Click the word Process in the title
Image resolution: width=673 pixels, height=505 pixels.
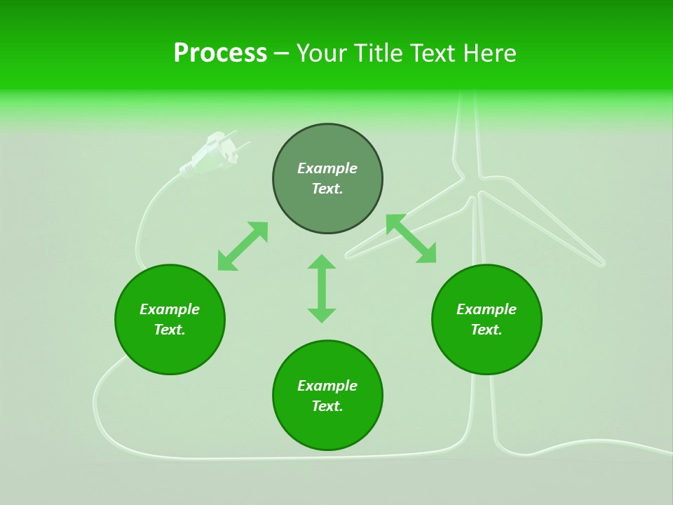[220, 53]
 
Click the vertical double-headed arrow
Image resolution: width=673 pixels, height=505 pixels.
[322, 288]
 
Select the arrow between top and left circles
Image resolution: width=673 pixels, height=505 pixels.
[243, 246]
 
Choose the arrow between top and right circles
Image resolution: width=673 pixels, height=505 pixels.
[411, 238]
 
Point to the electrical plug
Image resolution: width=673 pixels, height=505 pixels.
[214, 154]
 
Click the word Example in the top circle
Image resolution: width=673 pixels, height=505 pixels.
[327, 168]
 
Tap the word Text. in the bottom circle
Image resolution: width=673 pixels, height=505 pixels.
[327, 406]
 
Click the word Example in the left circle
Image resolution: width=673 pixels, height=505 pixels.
[170, 309]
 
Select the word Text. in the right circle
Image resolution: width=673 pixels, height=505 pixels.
[487, 330]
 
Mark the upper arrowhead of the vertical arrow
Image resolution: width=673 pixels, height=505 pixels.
[322, 262]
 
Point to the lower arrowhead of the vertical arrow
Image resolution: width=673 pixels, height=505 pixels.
[322, 315]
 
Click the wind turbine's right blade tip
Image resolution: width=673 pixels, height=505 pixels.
[600, 263]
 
